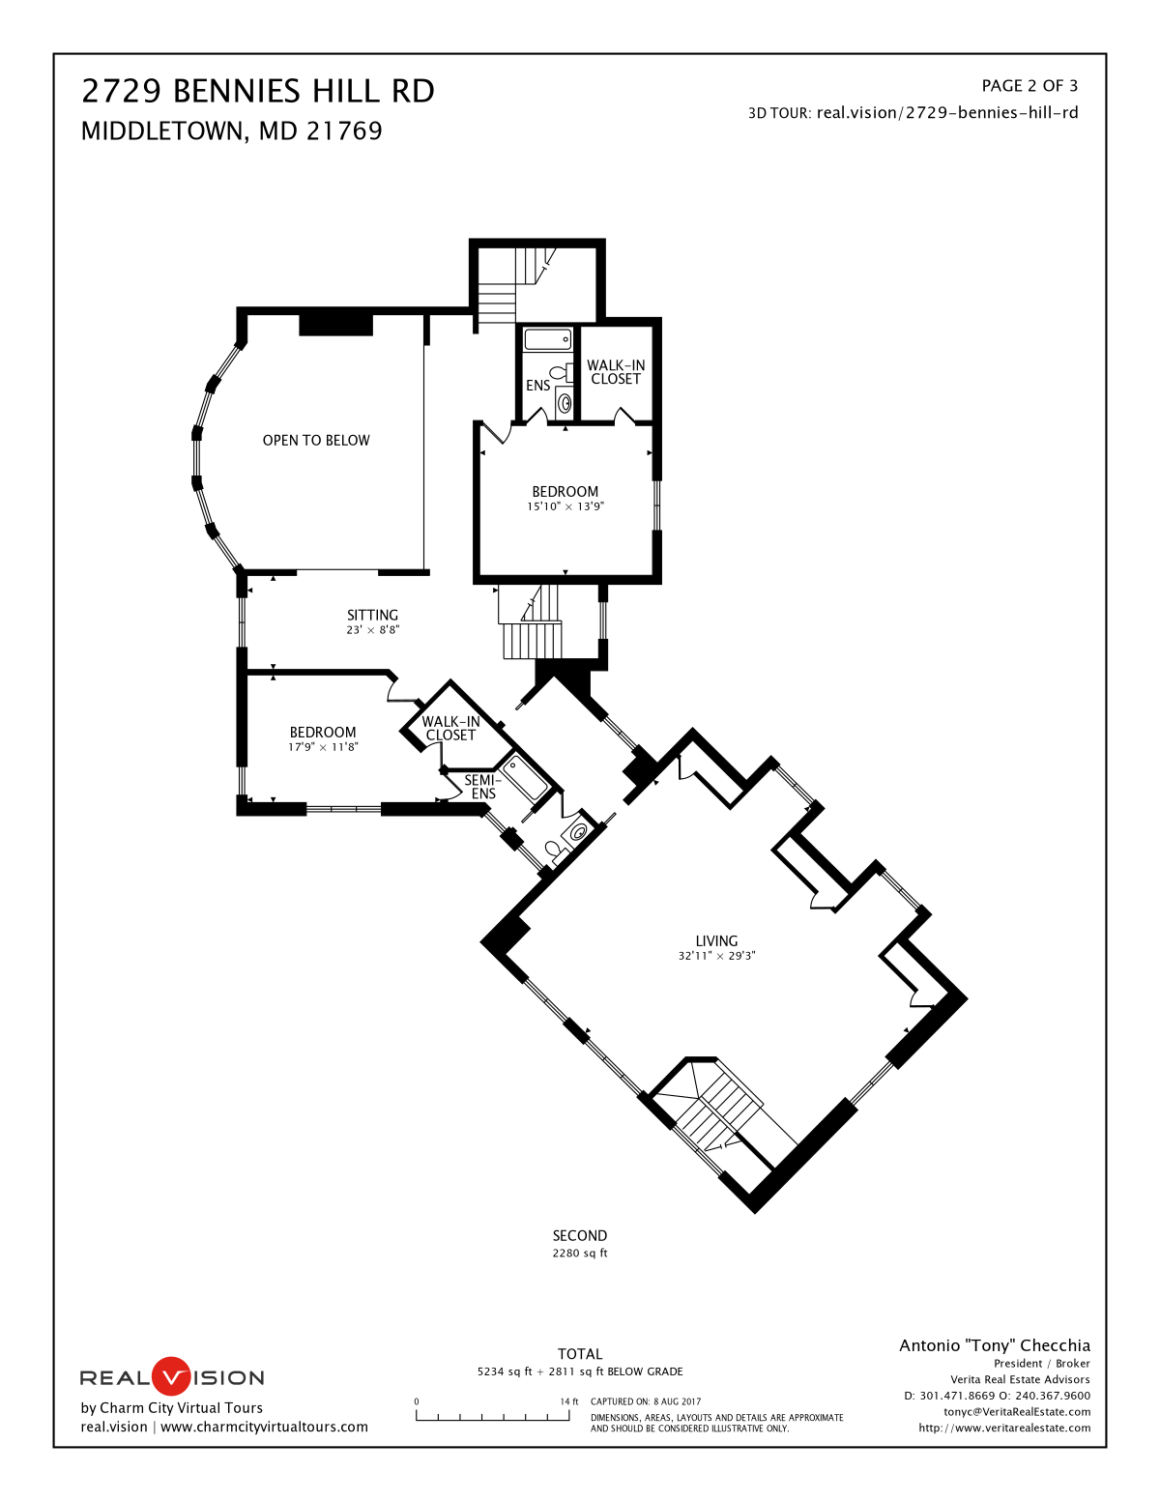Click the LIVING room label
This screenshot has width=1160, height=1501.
716,940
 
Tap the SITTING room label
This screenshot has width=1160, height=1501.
372,615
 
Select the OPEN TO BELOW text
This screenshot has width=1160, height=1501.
316,440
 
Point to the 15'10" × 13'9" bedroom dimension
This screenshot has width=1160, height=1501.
565,506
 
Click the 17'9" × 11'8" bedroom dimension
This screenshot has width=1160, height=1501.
323,747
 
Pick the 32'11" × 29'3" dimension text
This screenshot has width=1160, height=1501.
716,956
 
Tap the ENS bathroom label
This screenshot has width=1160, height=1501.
537,386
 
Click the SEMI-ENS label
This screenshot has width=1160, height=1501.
483,787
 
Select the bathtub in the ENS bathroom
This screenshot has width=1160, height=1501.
548,339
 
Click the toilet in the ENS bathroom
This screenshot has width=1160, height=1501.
562,373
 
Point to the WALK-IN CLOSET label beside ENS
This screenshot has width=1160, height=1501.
616,371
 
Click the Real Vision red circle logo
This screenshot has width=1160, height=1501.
170,1377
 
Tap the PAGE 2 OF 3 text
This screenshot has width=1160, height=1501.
1029,86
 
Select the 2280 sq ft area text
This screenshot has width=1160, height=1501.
580,1253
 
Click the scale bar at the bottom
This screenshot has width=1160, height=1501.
493,1415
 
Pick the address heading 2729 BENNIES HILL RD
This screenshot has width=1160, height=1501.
258,91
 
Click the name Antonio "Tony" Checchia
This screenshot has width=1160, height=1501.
994,1345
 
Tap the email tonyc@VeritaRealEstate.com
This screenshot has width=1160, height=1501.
1017,1412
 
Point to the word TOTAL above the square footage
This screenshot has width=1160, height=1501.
580,1354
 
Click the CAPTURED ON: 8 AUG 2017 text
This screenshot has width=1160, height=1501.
646,1401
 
